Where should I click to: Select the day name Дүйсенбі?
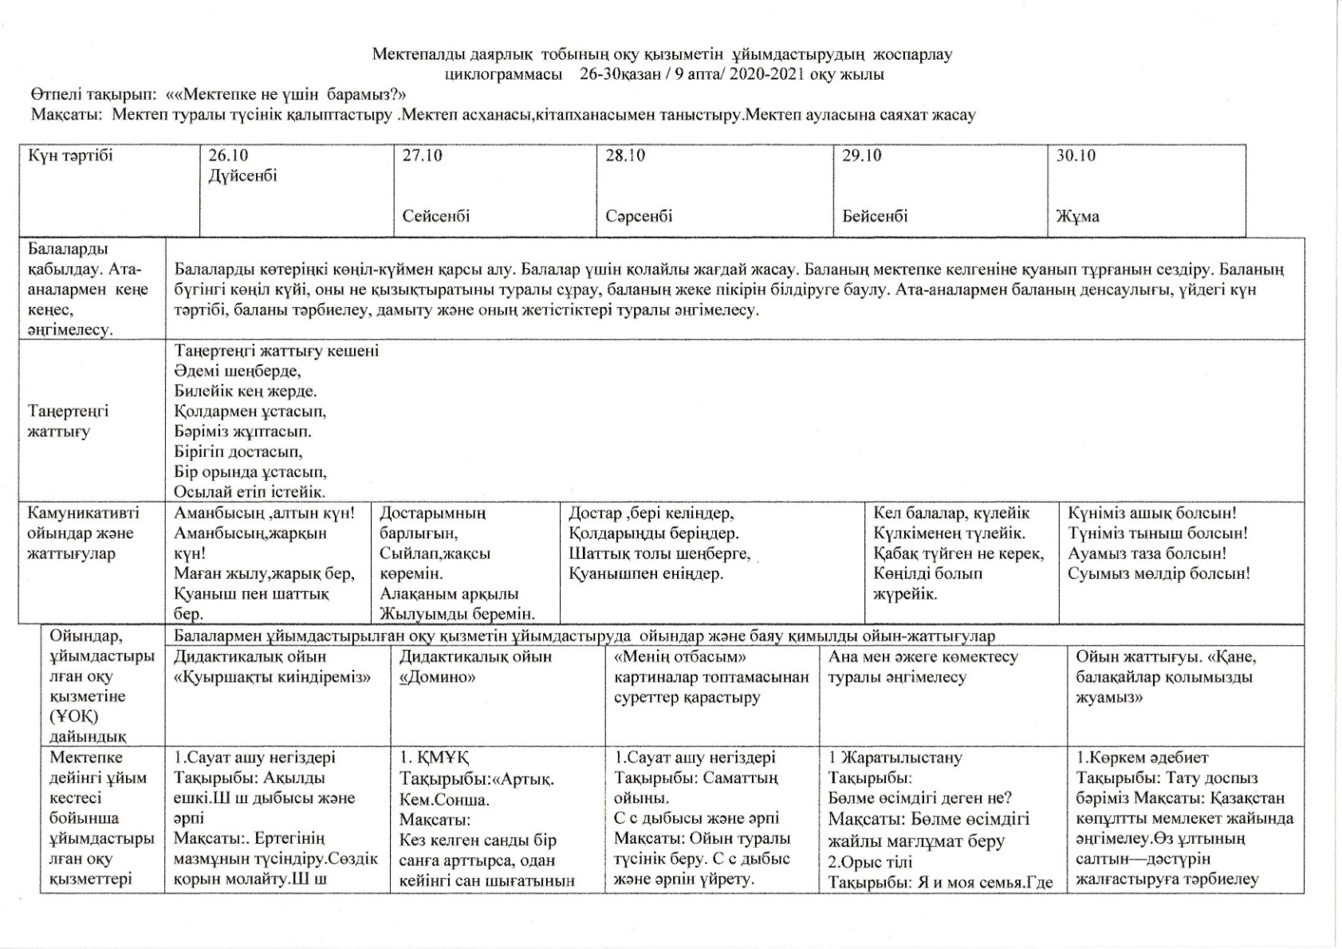[x=243, y=175]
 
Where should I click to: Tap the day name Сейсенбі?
[x=436, y=216]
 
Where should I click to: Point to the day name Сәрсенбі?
[x=639, y=216]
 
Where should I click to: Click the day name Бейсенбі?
[x=875, y=216]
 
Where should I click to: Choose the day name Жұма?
[x=1077, y=216]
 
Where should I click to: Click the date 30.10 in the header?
[x=1076, y=156]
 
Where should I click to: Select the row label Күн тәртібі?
[x=70, y=156]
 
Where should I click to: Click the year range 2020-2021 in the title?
[x=768, y=75]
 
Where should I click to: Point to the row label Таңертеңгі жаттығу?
[x=69, y=422]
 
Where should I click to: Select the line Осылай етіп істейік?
[x=250, y=492]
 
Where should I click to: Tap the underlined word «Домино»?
[x=438, y=678]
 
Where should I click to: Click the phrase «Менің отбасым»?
[x=679, y=657]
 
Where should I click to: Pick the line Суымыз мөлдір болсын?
[x=1159, y=573]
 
